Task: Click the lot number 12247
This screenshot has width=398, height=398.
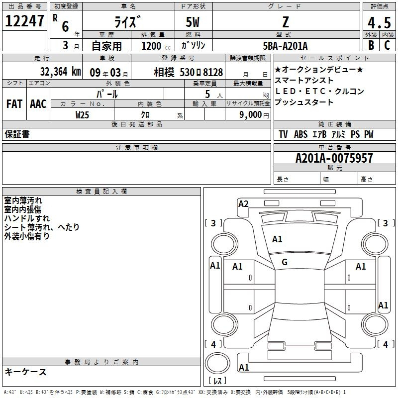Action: [24, 21]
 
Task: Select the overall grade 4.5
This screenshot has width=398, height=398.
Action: [379, 22]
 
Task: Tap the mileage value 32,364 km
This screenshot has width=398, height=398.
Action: [60, 72]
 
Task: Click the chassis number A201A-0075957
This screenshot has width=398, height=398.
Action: [334, 158]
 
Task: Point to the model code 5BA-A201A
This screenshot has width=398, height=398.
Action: [285, 46]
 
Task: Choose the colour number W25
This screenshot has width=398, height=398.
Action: [82, 115]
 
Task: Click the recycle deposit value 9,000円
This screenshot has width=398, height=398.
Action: [254, 115]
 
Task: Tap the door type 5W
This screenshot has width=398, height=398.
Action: [193, 22]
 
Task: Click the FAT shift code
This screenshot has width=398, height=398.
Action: [14, 104]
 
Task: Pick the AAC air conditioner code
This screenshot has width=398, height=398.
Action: [38, 104]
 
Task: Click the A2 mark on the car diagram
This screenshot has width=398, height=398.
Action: [243, 204]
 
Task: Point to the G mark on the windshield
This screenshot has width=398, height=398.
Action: [285, 262]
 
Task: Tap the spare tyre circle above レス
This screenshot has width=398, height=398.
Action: [217, 363]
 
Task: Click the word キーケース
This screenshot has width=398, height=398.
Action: [26, 372]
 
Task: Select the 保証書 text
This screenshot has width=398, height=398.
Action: [17, 134]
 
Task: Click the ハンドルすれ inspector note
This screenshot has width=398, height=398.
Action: [27, 218]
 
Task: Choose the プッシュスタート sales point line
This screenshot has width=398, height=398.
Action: [304, 102]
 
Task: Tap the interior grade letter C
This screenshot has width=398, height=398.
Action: [387, 45]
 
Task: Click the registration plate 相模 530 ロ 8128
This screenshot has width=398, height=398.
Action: [189, 73]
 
